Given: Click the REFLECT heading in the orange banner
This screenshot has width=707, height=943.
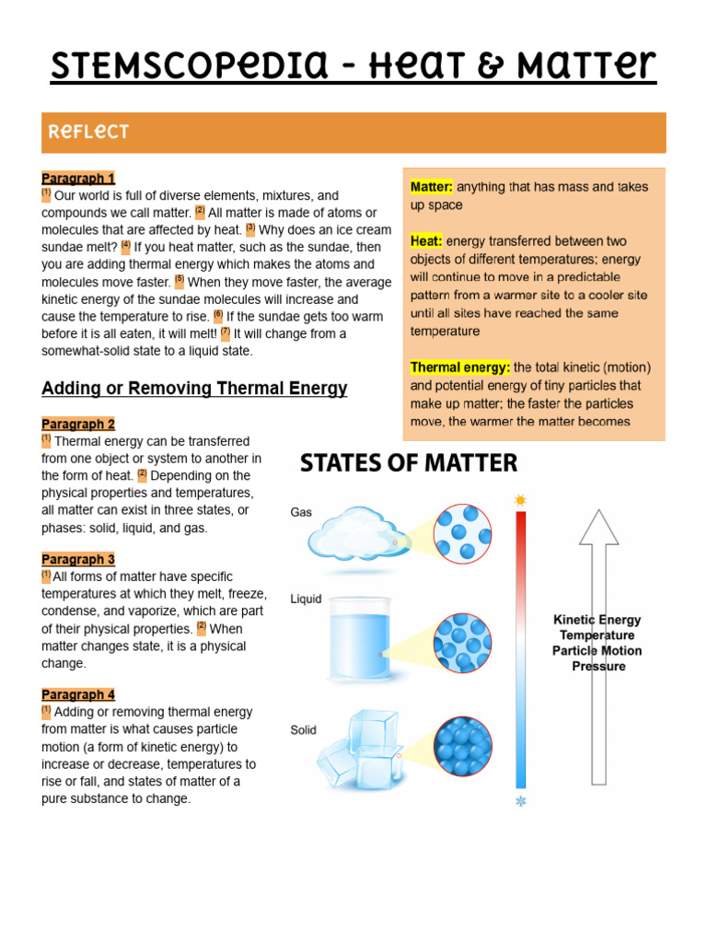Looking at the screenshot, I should click(x=88, y=133).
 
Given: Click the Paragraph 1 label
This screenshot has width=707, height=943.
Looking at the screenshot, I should click(x=78, y=179).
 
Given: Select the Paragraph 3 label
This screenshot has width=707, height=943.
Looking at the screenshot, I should click(x=78, y=560).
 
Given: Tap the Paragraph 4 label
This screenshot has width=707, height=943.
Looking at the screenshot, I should click(x=78, y=695).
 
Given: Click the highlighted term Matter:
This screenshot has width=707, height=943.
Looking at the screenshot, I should click(x=432, y=187).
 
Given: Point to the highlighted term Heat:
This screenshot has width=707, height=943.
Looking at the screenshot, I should click(x=426, y=241).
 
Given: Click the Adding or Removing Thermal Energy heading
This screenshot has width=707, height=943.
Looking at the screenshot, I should click(x=194, y=389).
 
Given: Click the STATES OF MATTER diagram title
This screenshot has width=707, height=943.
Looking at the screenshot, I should click(x=409, y=462).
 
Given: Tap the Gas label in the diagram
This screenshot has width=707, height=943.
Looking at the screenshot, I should click(x=301, y=513).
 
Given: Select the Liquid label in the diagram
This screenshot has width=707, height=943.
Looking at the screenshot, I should click(x=306, y=600).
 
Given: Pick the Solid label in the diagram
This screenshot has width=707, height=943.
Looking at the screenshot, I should click(x=303, y=730).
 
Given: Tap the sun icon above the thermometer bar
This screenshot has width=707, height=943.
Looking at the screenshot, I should click(x=521, y=500).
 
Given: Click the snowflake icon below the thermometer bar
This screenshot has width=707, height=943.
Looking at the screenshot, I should click(x=521, y=801).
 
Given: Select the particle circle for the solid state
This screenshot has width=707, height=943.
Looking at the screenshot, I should click(x=462, y=746).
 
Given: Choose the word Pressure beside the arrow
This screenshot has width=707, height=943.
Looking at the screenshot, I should click(x=598, y=667).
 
